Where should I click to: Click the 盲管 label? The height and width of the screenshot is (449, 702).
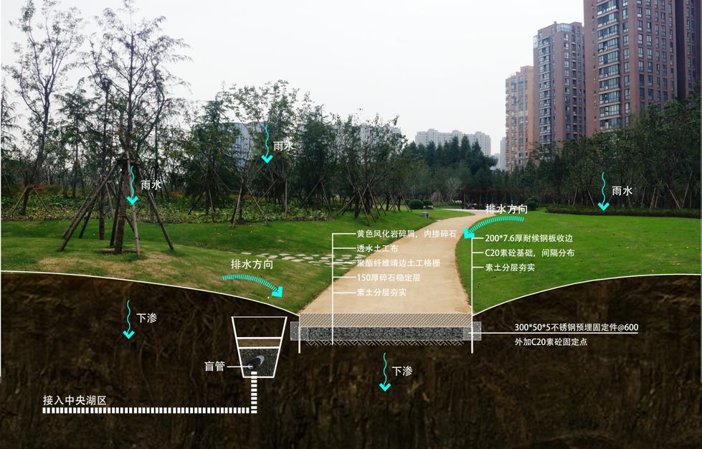214,367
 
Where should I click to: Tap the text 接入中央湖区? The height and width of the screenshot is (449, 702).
75,400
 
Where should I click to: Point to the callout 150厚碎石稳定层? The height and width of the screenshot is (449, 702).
391,278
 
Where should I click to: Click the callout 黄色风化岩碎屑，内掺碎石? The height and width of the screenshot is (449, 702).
407,234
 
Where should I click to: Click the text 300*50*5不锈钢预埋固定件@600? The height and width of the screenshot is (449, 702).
576,328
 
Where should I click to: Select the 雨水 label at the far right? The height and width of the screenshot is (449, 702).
622,191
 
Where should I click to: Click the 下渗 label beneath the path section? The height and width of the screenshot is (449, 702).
402,371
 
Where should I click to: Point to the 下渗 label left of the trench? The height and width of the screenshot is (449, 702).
146,317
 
